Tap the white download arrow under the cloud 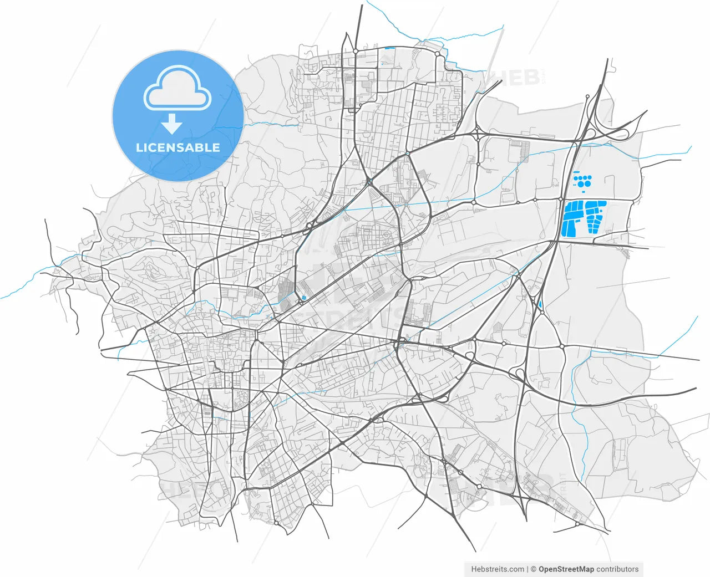point(172,124)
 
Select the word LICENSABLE point(178,147)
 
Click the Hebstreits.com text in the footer point(498,569)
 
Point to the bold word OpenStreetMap point(566,569)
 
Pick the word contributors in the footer point(617,569)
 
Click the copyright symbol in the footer point(534,569)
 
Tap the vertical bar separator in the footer point(527,569)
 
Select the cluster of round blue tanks point(582,180)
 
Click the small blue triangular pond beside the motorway point(540,304)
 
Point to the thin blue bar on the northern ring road point(389,48)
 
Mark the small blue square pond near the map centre point(304,298)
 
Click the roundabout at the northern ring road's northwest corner point(356,50)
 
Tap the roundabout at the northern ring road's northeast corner point(438,54)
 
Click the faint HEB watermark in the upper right point(513,78)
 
